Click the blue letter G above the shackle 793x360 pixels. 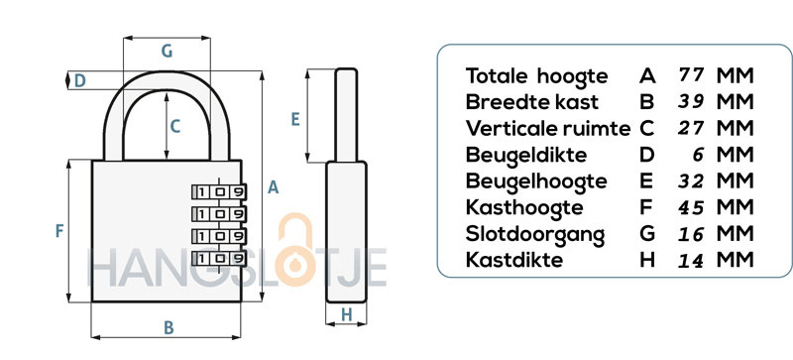[x=167, y=52]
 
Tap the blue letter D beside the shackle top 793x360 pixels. [x=80, y=81]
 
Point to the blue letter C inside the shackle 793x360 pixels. [x=175, y=126]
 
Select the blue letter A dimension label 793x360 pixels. [x=274, y=187]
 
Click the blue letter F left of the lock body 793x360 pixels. [x=59, y=231]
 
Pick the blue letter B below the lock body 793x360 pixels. [x=169, y=328]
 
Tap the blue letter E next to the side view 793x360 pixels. [x=295, y=119]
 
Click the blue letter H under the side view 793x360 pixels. [x=346, y=315]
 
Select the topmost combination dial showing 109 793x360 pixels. [x=219, y=191]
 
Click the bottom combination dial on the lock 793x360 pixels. [x=219, y=259]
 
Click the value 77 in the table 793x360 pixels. [x=691, y=75]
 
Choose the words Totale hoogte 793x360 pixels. [x=536, y=76]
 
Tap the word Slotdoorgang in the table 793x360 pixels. [x=535, y=234]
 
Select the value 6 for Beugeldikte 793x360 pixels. [x=698, y=155]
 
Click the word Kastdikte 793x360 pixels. [x=514, y=260]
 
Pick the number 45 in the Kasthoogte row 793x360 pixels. [x=691, y=207]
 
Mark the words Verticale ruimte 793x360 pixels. [x=548, y=129]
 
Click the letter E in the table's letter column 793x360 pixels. [x=646, y=180]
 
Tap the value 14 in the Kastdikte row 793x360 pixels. [x=691, y=260]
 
